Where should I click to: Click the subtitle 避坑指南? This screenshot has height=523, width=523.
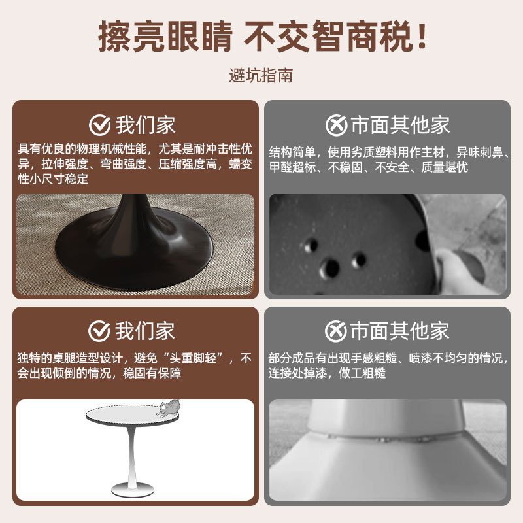click(x=261, y=75)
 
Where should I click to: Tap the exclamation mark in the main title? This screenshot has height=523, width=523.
click(x=422, y=36)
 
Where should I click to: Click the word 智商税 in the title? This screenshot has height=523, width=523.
click(x=363, y=36)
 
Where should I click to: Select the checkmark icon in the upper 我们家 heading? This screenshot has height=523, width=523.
click(x=99, y=125)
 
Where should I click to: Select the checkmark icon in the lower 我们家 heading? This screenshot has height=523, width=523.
click(x=99, y=331)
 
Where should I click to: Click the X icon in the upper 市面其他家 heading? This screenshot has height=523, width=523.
click(x=336, y=125)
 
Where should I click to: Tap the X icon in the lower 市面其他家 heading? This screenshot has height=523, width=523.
click(x=335, y=331)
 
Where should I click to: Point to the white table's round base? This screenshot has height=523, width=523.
click(x=133, y=490)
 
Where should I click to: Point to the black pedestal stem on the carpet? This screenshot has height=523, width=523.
click(x=133, y=214)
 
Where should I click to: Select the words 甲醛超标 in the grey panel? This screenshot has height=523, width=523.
click(x=292, y=167)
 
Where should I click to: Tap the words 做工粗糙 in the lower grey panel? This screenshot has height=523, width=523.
click(x=362, y=373)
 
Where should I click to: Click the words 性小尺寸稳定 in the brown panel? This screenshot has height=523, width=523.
click(x=53, y=178)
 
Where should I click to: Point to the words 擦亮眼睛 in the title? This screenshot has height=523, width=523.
click(x=165, y=36)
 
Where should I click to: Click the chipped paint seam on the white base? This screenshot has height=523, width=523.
click(x=387, y=437)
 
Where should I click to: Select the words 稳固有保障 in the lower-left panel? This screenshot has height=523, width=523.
click(x=152, y=373)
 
